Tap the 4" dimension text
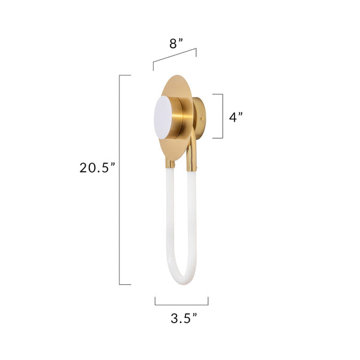[x=235, y=117]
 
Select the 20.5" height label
[x=97, y=168]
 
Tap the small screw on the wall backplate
[x=202, y=118]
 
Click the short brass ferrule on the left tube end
[x=170, y=163]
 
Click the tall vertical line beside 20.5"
[x=120, y=180]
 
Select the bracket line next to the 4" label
[x=222, y=116]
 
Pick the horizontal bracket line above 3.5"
[x=181, y=305]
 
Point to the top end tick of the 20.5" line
[x=125, y=75]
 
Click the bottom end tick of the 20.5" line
[x=125, y=284]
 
